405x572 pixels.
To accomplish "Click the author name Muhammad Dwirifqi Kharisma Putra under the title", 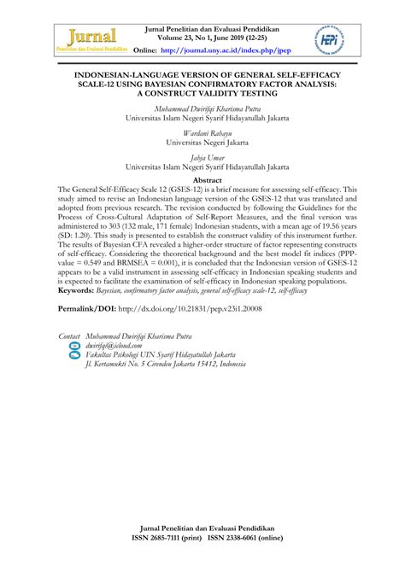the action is coord(202,108).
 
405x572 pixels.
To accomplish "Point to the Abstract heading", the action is coord(202,181).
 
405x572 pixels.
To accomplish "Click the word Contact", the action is coord(68,336).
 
